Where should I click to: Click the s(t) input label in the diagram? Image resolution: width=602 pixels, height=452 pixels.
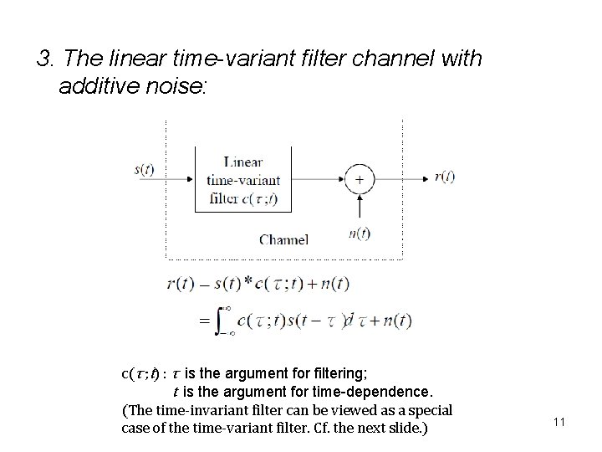(x=144, y=170)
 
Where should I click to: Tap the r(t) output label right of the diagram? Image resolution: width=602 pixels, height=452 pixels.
(x=444, y=177)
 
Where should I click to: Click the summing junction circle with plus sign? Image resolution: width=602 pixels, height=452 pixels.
(x=360, y=178)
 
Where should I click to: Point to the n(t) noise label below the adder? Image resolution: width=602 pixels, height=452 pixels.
(x=360, y=234)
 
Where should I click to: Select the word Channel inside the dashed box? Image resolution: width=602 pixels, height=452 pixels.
(x=283, y=239)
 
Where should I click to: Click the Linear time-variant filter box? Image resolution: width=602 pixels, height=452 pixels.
(x=243, y=180)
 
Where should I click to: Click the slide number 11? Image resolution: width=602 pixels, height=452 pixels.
(x=559, y=422)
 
